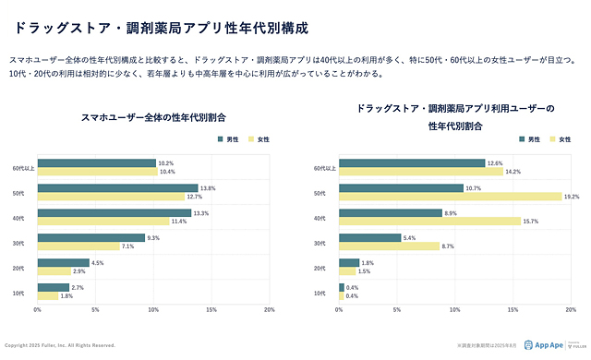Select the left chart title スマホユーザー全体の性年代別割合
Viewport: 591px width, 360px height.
pos(153,117)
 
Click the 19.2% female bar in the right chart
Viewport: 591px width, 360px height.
pos(451,196)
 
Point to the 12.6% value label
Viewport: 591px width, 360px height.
pos(496,163)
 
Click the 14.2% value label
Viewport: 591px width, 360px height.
pos(513,172)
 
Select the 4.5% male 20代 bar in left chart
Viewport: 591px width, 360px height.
pos(64,262)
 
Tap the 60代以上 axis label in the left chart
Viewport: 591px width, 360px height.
pos(23,168)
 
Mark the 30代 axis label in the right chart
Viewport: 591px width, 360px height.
pos(320,243)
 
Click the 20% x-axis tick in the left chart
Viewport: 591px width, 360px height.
pos(270,309)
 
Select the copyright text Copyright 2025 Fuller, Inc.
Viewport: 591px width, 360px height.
pos(60,345)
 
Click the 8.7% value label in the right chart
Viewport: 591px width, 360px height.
pos(448,246)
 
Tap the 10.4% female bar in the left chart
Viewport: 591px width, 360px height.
pos(98,172)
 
